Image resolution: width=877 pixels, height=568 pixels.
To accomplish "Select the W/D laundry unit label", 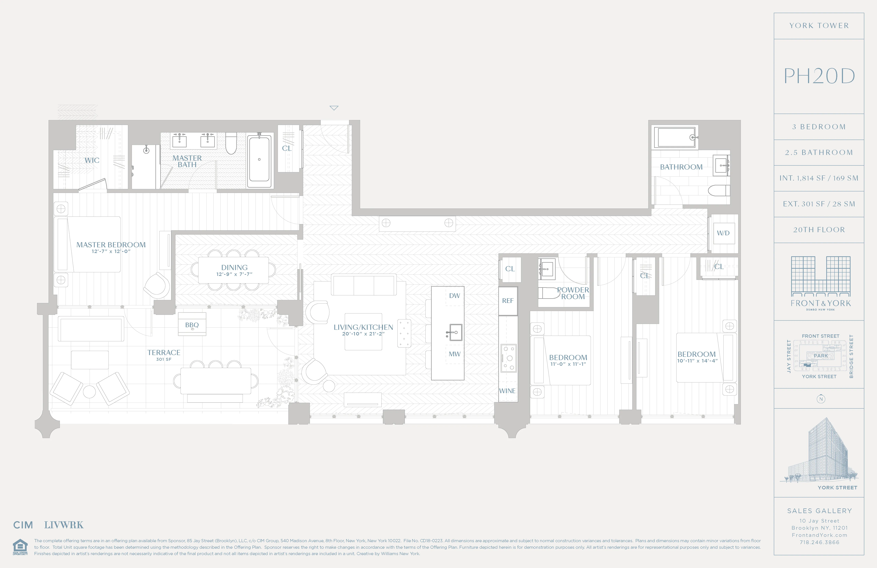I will coord(723,233).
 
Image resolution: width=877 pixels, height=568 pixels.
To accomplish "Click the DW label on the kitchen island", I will coord(454,295).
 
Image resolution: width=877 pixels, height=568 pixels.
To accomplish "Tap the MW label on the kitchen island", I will coord(454,354).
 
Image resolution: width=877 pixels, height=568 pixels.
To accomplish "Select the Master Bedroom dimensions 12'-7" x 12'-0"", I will coord(111,251).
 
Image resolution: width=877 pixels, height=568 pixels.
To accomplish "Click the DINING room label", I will coord(234,267).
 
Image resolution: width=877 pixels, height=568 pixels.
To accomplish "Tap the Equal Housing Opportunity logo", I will coord(20,547).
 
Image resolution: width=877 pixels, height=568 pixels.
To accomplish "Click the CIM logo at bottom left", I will coord(23,525).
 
